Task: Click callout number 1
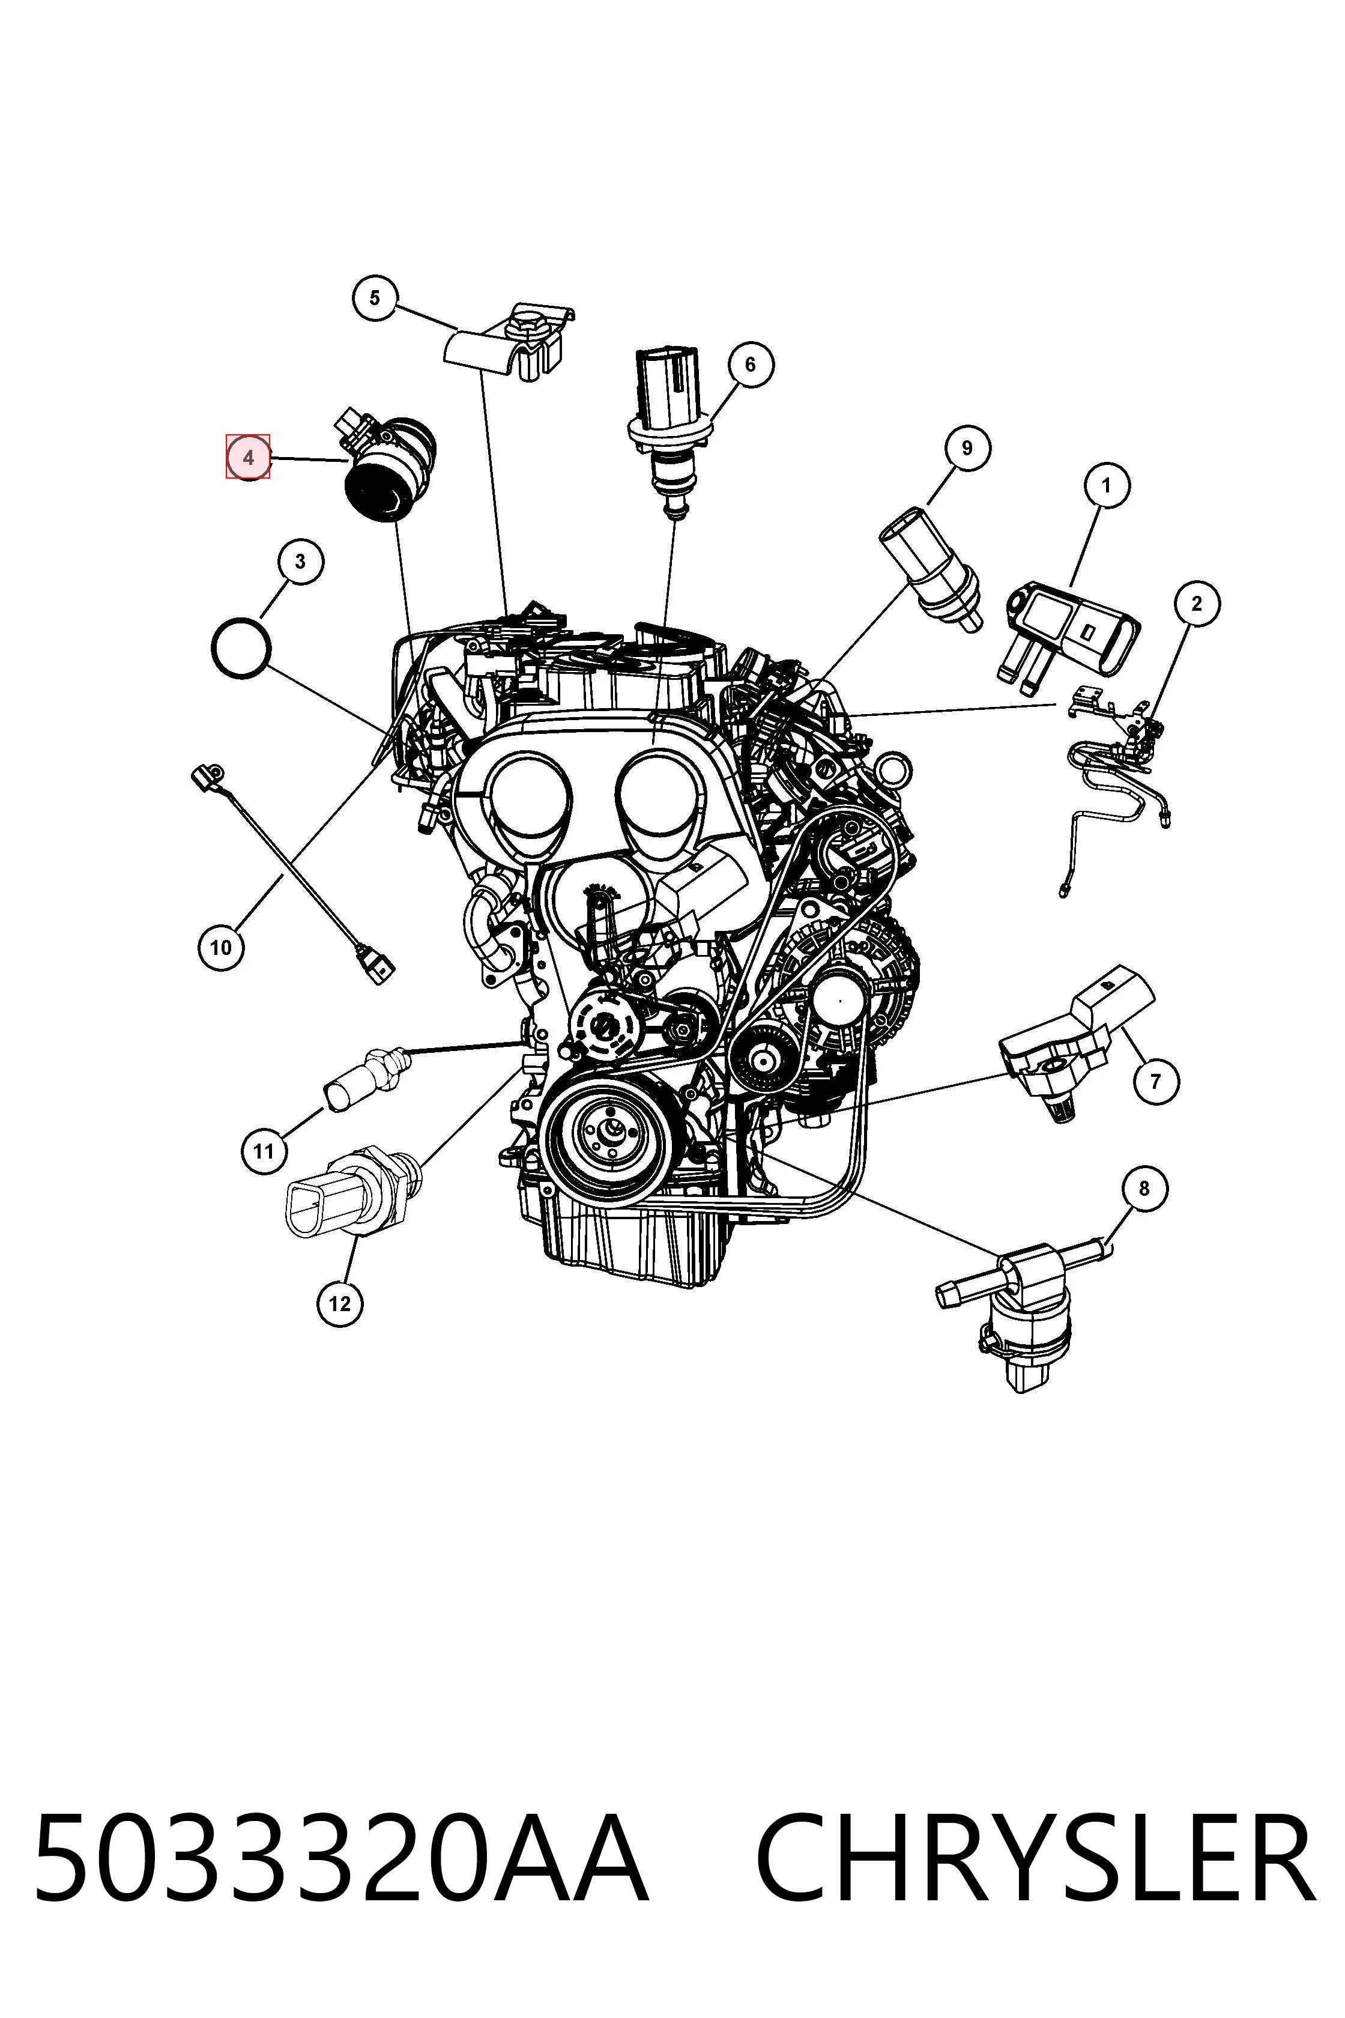tap(1105, 486)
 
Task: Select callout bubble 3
tap(300, 562)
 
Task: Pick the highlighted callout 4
tap(248, 457)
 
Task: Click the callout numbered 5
tap(375, 298)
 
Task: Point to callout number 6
tap(751, 365)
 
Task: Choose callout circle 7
tap(1155, 1081)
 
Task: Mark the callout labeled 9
tap(967, 448)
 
